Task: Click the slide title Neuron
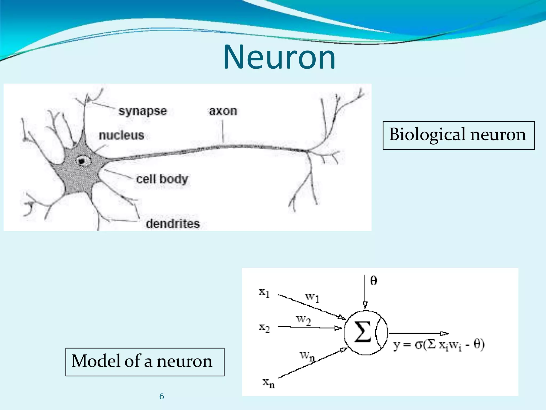279,57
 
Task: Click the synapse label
143,111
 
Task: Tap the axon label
223,111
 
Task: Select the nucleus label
121,135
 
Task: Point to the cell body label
162,179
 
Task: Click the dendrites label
173,224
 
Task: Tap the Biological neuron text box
458,135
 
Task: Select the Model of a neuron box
145,362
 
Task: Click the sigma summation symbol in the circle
363,332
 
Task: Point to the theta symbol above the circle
374,281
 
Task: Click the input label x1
264,293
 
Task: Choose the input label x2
264,328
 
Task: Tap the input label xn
268,383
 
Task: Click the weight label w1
312,297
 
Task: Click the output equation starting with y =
439,345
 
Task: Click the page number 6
162,396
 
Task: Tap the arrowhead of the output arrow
444,333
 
